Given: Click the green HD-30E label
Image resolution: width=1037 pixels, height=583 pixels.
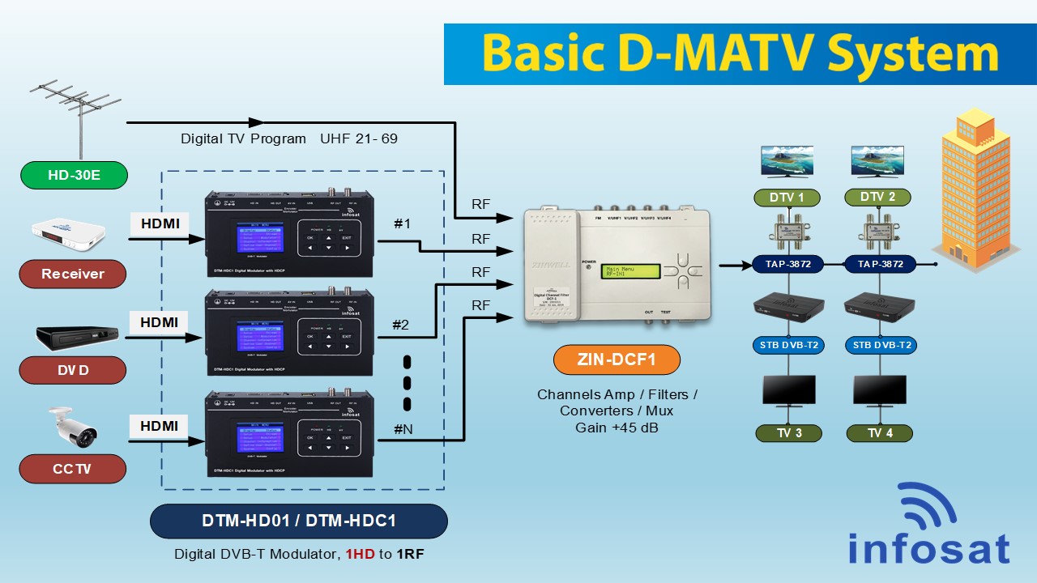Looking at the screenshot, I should pyautogui.click(x=74, y=175).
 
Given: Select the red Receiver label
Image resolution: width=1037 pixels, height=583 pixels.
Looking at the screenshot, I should pyautogui.click(x=73, y=274).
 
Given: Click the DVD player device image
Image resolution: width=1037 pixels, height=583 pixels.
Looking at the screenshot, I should pyautogui.click(x=77, y=338).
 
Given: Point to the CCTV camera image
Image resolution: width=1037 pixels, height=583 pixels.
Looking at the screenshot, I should pyautogui.click(x=72, y=427).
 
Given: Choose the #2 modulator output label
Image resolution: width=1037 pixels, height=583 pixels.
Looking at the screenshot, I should pyautogui.click(x=401, y=325).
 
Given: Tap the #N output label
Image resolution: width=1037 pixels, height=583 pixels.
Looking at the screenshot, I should pyautogui.click(x=403, y=428).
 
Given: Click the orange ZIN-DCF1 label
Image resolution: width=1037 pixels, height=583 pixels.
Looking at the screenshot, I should pyautogui.click(x=617, y=360).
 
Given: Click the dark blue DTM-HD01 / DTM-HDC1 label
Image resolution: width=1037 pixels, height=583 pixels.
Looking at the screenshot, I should pyautogui.click(x=298, y=521).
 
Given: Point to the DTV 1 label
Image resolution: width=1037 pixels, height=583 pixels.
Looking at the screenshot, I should pyautogui.click(x=787, y=197).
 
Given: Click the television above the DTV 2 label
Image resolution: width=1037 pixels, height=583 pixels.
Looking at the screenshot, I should pyautogui.click(x=877, y=161).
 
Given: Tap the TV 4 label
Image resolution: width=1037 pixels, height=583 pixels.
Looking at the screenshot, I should pyautogui.click(x=879, y=433).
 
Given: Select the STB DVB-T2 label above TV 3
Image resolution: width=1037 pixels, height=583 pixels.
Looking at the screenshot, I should pyautogui.click(x=788, y=345).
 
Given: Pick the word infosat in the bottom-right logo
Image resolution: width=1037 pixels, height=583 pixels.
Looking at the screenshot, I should pyautogui.click(x=928, y=548).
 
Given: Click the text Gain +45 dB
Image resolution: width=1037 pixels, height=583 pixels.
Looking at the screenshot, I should pyautogui.click(x=617, y=427).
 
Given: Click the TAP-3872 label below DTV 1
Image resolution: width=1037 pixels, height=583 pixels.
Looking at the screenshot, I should pyautogui.click(x=788, y=264).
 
